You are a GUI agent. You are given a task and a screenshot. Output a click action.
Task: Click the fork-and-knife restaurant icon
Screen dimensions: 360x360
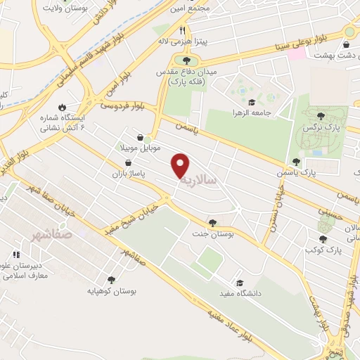point(182,30)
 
